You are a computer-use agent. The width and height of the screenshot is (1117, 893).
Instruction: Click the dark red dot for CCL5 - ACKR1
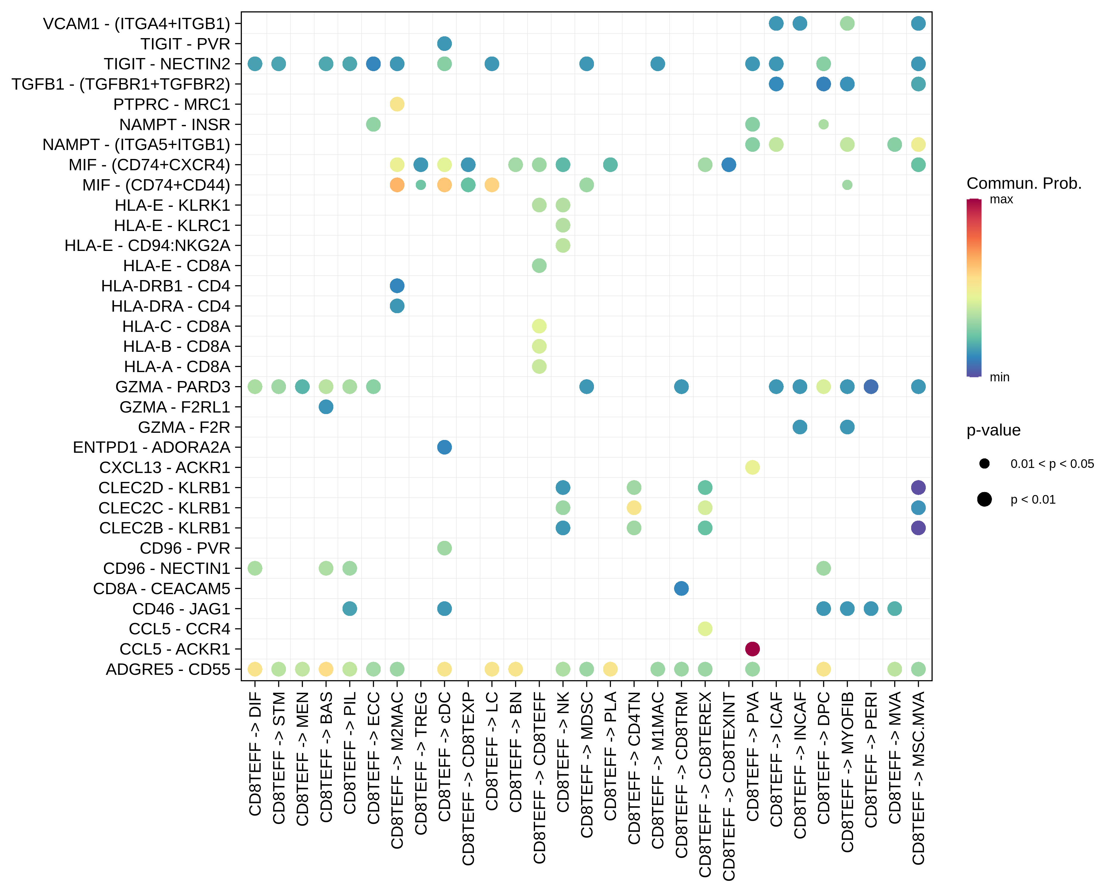pos(752,649)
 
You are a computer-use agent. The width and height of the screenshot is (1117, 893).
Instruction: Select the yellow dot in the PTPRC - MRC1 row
pos(397,104)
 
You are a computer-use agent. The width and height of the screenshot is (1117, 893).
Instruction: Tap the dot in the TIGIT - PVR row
pos(444,43)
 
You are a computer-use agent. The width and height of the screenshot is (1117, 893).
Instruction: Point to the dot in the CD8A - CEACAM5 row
pos(681,588)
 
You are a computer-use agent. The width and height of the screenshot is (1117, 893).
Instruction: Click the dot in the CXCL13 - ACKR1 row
pos(752,467)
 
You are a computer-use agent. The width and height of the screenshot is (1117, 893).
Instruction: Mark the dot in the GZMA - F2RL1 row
pos(326,407)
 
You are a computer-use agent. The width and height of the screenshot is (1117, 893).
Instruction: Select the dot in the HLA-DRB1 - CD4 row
pos(397,286)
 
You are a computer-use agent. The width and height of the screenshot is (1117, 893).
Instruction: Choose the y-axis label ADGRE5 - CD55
pos(168,669)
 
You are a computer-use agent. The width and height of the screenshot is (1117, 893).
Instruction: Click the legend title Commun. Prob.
pos(1024,183)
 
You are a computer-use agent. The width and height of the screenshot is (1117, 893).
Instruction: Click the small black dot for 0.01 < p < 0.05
pos(984,463)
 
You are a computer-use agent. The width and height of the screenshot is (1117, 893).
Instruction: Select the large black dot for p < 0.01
pos(984,499)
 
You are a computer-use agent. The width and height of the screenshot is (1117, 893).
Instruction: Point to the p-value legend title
pos(993,430)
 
